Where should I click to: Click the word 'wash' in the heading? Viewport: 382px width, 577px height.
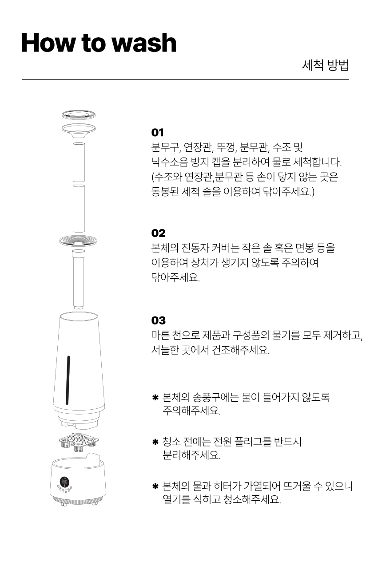145,43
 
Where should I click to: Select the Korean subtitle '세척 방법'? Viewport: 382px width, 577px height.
326,65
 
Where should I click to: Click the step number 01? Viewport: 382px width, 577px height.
157,133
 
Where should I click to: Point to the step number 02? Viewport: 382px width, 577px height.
158,233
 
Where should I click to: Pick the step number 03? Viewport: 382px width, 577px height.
158,320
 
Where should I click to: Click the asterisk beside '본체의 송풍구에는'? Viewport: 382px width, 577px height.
155,397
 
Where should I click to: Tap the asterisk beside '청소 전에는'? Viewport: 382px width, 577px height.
155,442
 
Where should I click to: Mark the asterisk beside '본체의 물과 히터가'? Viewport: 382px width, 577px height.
155,486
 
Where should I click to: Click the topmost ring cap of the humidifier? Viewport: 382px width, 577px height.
79,115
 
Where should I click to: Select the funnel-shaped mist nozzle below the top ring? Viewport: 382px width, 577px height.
79,130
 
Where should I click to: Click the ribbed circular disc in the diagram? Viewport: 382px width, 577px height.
78,241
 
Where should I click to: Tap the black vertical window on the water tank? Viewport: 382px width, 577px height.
68,380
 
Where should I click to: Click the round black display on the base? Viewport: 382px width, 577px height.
64,482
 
